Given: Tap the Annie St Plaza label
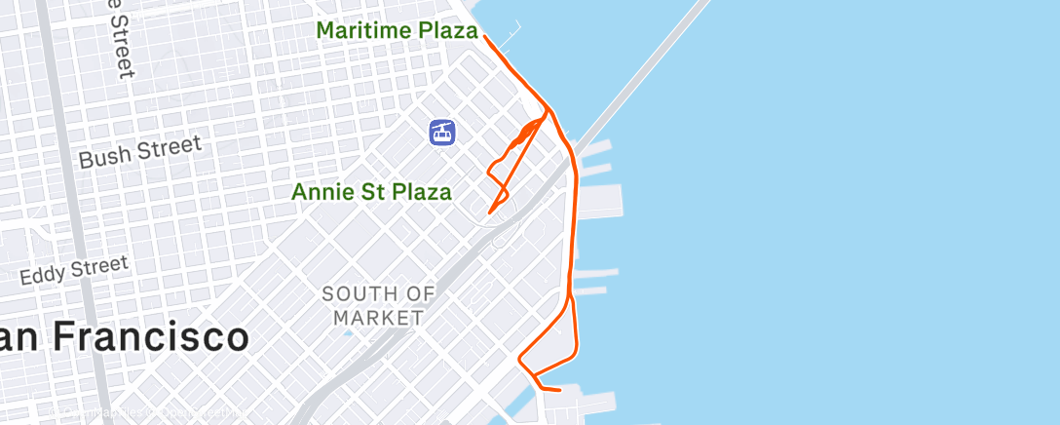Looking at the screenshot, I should point(371,192).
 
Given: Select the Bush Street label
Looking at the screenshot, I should point(140,151).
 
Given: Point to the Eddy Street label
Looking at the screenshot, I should point(74,270).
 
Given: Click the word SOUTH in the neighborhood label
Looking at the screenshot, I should point(358,293).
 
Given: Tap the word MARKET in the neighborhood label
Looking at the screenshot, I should point(378,317).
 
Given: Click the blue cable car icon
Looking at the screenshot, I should point(443,132).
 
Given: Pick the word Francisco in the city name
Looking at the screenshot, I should point(151,338).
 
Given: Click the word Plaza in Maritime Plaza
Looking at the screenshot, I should point(448,31).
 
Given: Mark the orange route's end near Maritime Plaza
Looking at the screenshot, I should point(484,36).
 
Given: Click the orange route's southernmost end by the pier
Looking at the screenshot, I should point(559,390).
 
